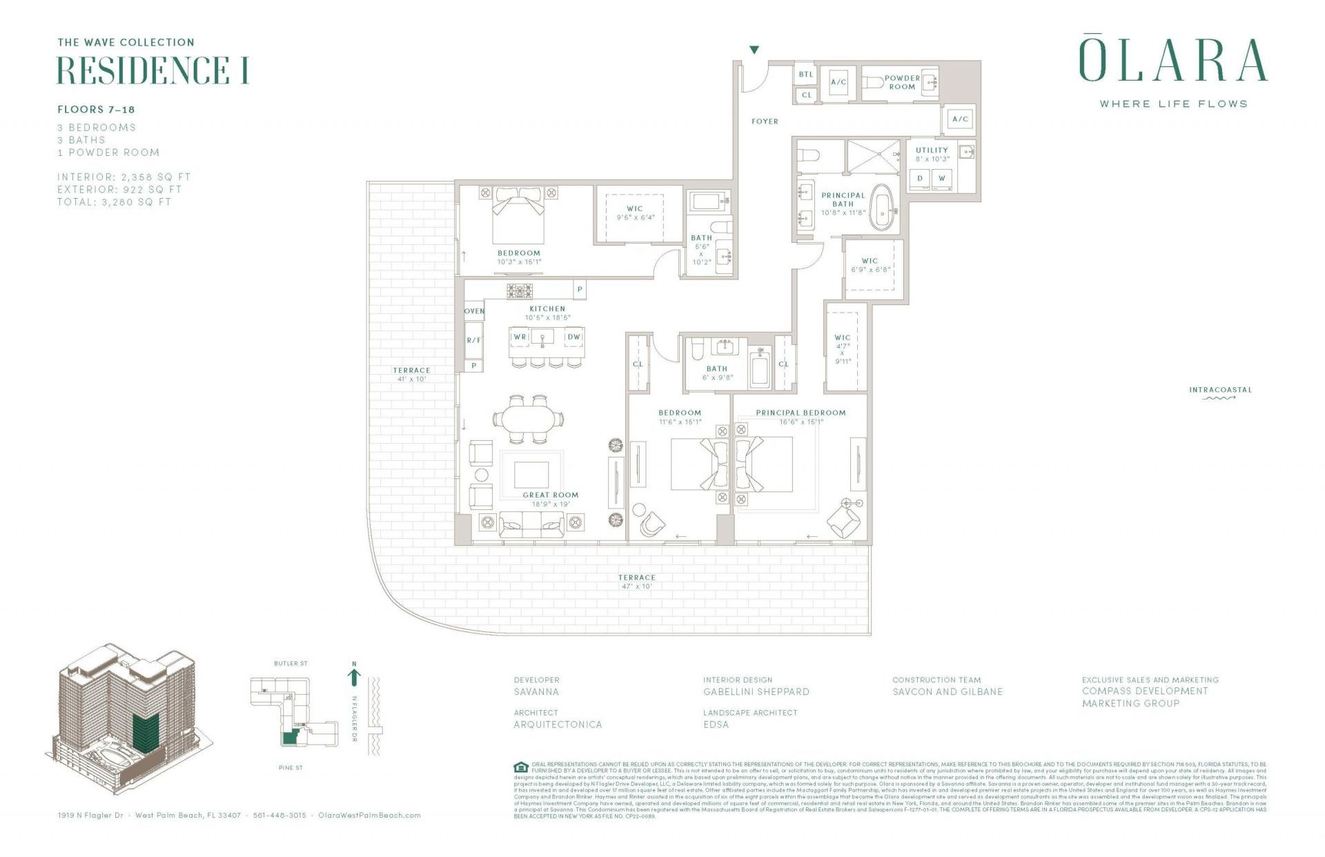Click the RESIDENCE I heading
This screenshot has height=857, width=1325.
click(x=152, y=70)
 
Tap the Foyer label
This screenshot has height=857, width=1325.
click(x=765, y=121)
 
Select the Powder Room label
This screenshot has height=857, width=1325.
click(x=902, y=82)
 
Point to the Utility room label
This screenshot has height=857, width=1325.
click(x=932, y=150)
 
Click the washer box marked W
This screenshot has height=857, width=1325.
click(x=941, y=179)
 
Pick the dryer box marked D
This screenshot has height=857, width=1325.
click(x=920, y=179)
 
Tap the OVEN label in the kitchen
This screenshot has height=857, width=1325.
click(x=474, y=311)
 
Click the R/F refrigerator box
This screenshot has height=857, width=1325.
click(x=473, y=340)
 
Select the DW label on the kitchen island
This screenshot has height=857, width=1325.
click(x=573, y=337)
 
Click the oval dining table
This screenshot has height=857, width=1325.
click(x=527, y=419)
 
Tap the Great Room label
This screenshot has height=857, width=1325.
click(x=550, y=495)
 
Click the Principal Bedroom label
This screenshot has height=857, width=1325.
click(x=801, y=413)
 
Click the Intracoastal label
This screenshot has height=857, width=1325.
click(x=1219, y=390)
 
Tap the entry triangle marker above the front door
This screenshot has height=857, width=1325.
click(x=754, y=50)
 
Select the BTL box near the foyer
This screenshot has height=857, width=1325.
click(x=806, y=75)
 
